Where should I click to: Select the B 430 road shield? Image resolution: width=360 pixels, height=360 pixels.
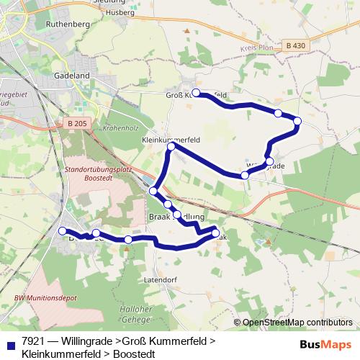pos(294,44)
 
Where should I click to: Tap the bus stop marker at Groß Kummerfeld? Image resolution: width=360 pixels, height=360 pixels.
pos(196,93)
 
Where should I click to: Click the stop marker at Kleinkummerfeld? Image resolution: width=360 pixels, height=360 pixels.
pos(171,147)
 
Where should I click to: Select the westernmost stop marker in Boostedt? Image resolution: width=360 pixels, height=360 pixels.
pos(60,231)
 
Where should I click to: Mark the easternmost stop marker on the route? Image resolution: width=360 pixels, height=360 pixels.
pos(297,122)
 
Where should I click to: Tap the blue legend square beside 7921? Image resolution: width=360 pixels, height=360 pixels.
pos(10,343)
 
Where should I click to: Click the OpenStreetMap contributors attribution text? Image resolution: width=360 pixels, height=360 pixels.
pos(297,323)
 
